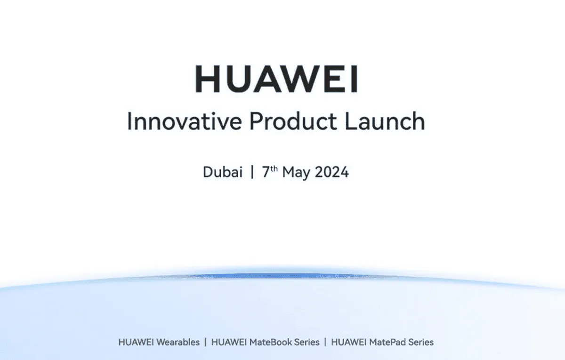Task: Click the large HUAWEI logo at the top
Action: pyautogui.click(x=276, y=79)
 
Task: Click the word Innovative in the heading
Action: pyautogui.click(x=185, y=121)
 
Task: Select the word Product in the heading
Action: pyautogui.click(x=293, y=121)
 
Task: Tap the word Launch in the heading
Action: pyautogui.click(x=385, y=121)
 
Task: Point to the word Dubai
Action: pyautogui.click(x=223, y=172)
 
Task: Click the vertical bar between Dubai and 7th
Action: pyautogui.click(x=252, y=172)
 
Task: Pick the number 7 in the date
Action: pyautogui.click(x=266, y=172)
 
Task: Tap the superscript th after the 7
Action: pyautogui.click(x=274, y=168)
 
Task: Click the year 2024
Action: pyautogui.click(x=332, y=172)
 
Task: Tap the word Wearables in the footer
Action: pyautogui.click(x=178, y=342)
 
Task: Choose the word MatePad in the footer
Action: pyautogui.click(x=387, y=342)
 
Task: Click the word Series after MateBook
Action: pyautogui.click(x=307, y=342)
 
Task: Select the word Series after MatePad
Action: pyautogui.click(x=421, y=342)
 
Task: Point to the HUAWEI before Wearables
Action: pyautogui.click(x=136, y=342)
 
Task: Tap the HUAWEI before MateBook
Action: pyautogui.click(x=229, y=342)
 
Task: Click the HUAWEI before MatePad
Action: pyautogui.click(x=349, y=342)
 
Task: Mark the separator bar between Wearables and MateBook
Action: pyautogui.click(x=206, y=342)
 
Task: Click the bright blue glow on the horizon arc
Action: pyautogui.click(x=277, y=276)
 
